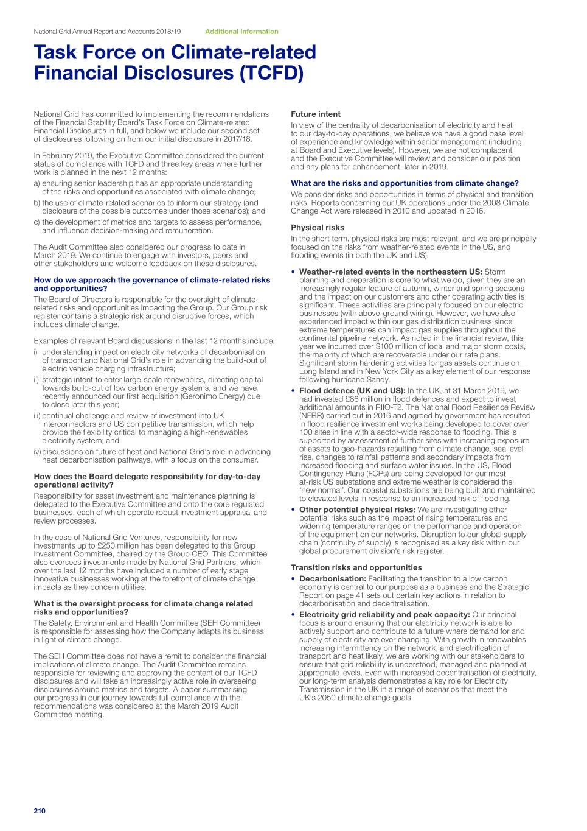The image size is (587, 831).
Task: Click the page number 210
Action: (40, 811)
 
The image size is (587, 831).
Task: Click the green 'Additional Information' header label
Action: (241, 32)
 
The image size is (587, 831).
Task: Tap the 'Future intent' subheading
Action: (316, 114)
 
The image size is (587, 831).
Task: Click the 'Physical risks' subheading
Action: (318, 228)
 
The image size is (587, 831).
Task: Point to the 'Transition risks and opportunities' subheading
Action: (356, 568)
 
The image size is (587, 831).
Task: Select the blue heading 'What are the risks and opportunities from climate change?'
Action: (405, 183)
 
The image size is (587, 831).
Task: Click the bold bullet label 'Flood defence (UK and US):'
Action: (352, 391)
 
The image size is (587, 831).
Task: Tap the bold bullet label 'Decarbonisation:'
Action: (332, 579)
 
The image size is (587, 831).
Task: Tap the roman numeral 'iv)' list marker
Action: (37, 452)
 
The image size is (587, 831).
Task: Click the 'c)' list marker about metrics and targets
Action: (37, 222)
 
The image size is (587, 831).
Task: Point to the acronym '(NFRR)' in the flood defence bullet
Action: (311, 416)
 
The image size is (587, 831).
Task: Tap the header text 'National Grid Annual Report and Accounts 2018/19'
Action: (107, 32)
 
